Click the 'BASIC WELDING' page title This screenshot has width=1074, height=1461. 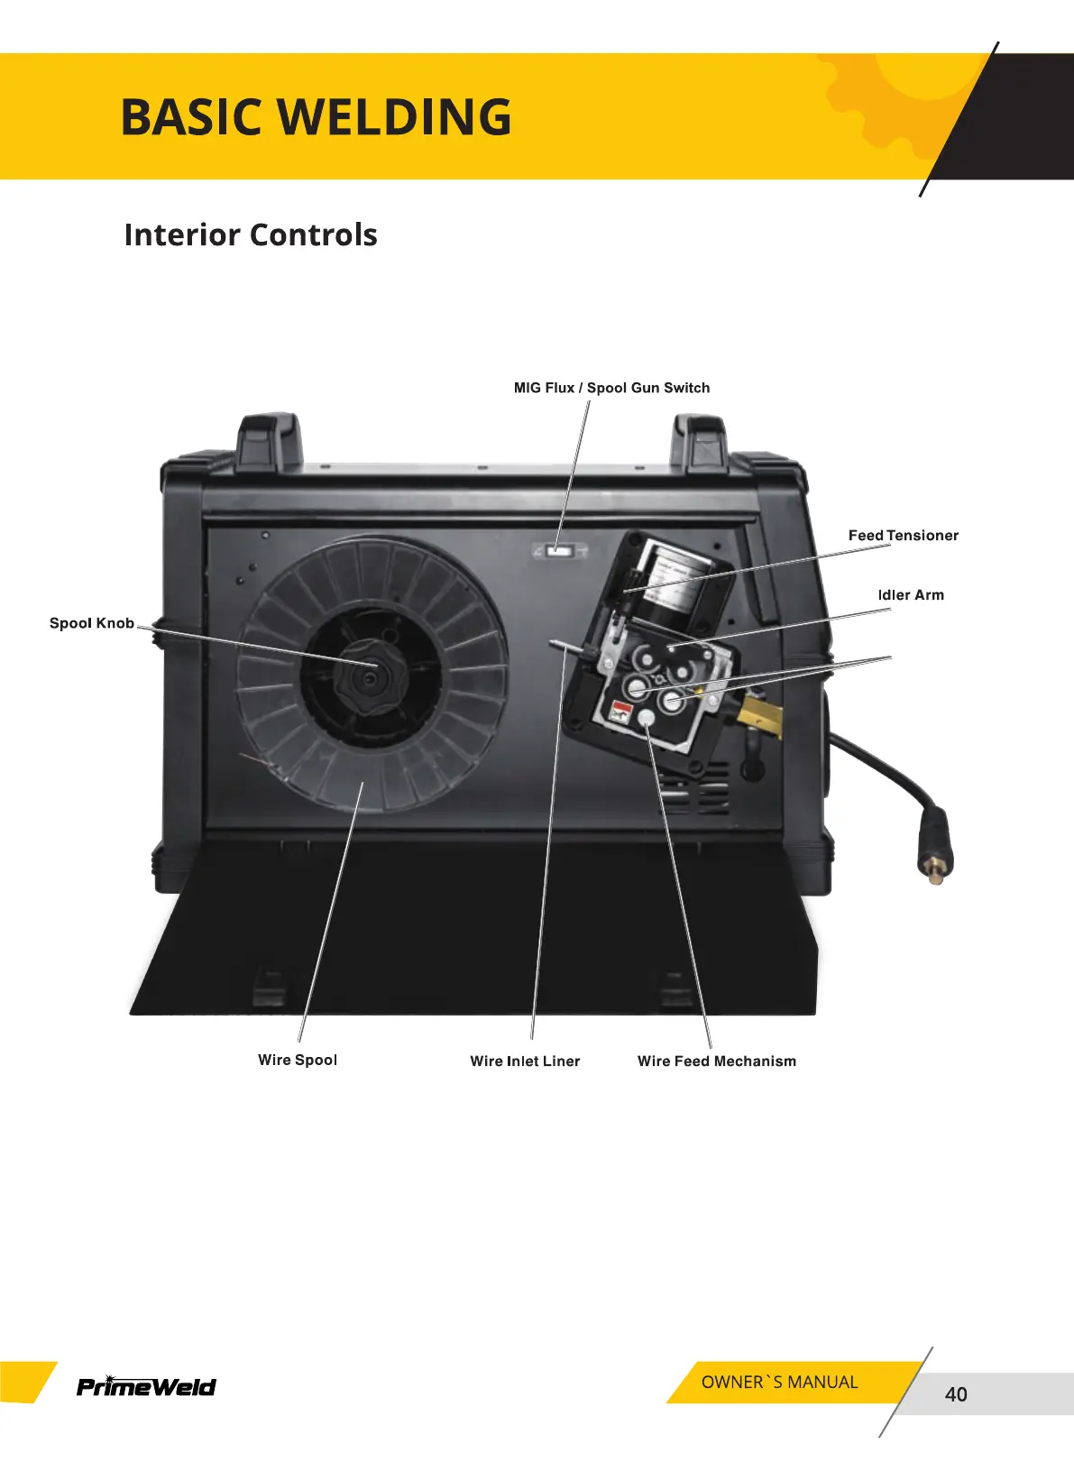click(316, 117)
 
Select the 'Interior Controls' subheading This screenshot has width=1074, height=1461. click(251, 234)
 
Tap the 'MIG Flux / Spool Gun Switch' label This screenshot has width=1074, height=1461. click(611, 388)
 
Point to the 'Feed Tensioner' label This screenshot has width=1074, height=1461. click(903, 536)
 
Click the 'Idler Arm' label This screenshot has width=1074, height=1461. click(911, 595)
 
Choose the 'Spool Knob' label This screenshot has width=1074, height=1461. click(92, 623)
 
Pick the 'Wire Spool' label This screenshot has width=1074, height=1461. click(298, 1060)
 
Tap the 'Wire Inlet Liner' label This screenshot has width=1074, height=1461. click(525, 1061)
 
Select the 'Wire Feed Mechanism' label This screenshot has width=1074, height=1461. click(717, 1061)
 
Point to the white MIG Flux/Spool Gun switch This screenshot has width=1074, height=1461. click(561, 550)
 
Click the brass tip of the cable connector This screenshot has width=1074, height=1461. click(936, 871)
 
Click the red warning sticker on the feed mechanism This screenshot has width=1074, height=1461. click(620, 711)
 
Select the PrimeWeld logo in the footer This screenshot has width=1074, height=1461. click(146, 1386)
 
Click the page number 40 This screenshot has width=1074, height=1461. click(956, 1394)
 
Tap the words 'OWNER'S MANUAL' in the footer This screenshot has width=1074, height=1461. click(779, 1383)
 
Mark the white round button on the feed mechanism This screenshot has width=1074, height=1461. click(647, 719)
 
